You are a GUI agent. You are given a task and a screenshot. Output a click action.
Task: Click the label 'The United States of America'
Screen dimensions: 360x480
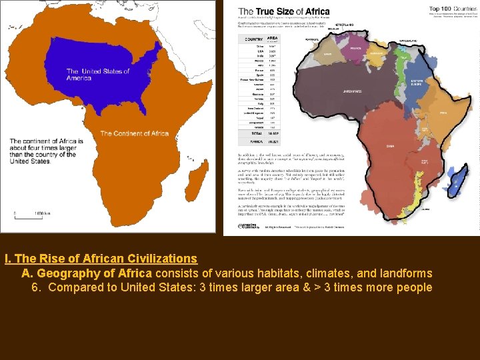(97, 75)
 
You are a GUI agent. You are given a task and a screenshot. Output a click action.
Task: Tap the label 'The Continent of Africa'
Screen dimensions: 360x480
(134, 133)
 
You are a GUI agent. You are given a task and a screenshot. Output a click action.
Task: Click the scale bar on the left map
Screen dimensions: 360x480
(31, 214)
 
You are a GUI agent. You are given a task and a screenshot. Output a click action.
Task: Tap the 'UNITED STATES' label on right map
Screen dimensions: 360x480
(351, 91)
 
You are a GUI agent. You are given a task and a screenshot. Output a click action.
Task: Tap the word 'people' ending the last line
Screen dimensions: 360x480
(415, 288)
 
